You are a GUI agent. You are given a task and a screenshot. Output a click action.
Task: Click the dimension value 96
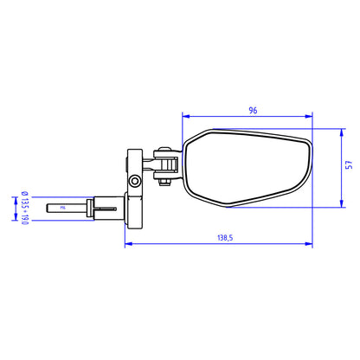[253, 110]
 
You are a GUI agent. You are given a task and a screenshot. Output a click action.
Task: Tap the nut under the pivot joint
[162, 182]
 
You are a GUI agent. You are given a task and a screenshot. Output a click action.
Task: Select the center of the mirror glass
[247, 167]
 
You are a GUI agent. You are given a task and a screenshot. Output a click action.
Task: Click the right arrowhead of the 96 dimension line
[311, 116]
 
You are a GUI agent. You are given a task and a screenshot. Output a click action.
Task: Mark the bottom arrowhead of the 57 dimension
[343, 206]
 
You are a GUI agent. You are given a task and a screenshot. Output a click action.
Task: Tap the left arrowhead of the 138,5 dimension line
[129, 242]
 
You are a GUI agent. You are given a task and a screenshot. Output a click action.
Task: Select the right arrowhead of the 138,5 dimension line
[311, 242]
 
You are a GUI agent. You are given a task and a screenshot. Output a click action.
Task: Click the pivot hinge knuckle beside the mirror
[164, 157]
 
